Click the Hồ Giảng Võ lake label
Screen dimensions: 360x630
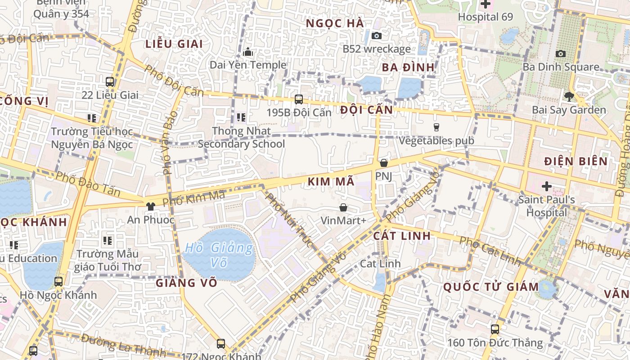click(x=219, y=255)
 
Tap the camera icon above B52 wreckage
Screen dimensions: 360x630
click(x=377, y=36)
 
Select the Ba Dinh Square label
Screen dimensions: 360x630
click(x=561, y=67)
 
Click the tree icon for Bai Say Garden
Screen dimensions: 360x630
click(x=569, y=96)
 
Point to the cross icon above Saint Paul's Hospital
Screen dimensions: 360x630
click(x=547, y=186)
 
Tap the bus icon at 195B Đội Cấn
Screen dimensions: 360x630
click(x=298, y=99)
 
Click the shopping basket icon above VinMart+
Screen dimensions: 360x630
click(x=343, y=207)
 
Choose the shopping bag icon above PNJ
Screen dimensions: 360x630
click(x=384, y=163)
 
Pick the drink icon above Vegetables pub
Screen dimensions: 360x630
click(x=436, y=127)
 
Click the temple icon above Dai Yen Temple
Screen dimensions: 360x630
click(x=248, y=52)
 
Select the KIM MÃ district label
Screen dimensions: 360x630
click(x=331, y=182)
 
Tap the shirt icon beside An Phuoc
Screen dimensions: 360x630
click(x=150, y=207)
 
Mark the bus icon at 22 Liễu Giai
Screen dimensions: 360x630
click(x=110, y=82)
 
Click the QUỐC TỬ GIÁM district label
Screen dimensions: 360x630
click(x=491, y=287)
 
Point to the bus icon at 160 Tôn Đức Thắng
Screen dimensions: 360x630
click(x=495, y=329)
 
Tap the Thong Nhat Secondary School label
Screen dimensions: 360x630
click(x=241, y=138)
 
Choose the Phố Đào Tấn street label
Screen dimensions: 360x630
click(x=88, y=183)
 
